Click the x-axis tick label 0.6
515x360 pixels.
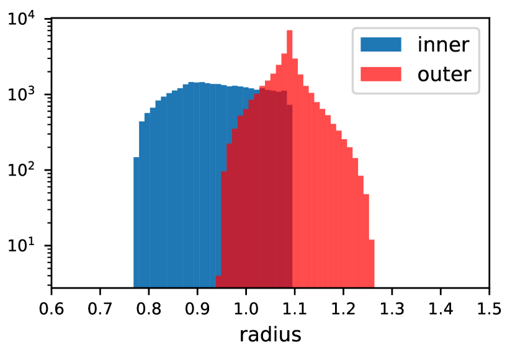pos(52,309)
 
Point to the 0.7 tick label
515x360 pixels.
pos(100,309)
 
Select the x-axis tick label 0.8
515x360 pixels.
pos(148,309)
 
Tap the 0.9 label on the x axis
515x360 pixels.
pos(197,309)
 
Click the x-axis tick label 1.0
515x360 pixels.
pos(246,309)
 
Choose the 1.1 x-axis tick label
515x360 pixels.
pos(294,309)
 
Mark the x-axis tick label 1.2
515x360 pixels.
pos(343,309)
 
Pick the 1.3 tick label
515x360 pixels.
pos(392,309)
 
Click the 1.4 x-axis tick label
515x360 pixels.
pos(441,309)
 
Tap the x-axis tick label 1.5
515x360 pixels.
pos(489,309)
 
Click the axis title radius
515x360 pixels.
pos(271,335)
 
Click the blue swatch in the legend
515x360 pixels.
pos(381,44)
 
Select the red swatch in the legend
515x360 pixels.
pos(381,74)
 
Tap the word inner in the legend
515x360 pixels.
pos(443,44)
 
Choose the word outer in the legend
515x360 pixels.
pos(444,74)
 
